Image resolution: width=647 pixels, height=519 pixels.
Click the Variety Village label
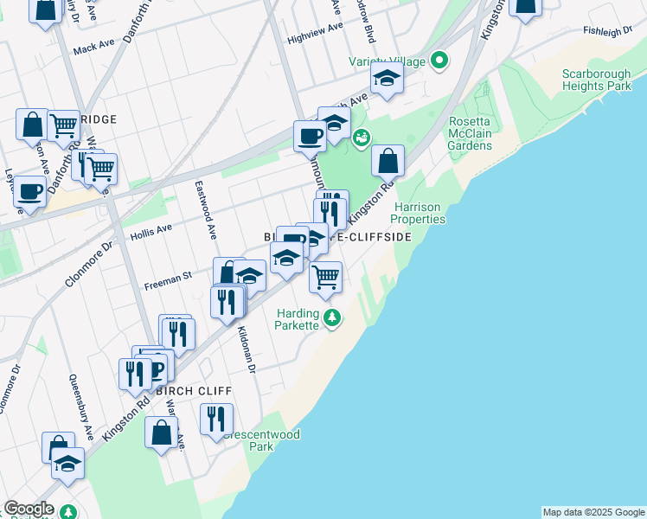pyautogui.click(x=389, y=61)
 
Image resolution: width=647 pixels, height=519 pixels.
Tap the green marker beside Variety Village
pyautogui.click(x=440, y=61)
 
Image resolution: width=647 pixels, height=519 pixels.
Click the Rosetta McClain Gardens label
pyautogui.click(x=471, y=133)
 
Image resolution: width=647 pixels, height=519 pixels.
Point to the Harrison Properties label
pyautogui.click(x=420, y=214)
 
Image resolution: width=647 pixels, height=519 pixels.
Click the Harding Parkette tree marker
pyautogui.click(x=332, y=320)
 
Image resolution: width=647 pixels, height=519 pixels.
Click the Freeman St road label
pyautogui.click(x=168, y=279)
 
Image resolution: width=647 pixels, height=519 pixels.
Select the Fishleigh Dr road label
pyautogui.click(x=608, y=31)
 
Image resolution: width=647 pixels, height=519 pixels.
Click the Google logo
pyautogui.click(x=29, y=509)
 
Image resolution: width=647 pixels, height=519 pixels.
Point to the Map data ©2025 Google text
pyautogui.click(x=593, y=512)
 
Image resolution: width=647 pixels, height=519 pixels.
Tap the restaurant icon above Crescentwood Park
pyautogui.click(x=216, y=419)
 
